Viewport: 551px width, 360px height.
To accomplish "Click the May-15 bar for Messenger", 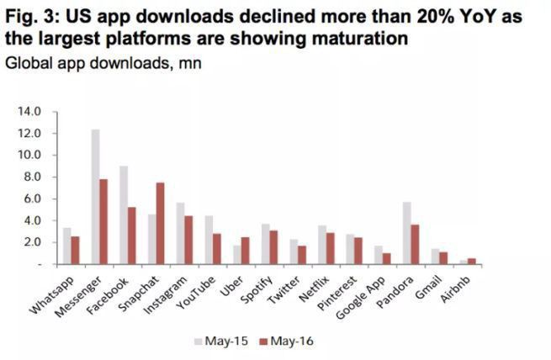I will coord(96,197).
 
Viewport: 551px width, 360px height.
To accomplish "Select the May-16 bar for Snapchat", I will coord(161,223).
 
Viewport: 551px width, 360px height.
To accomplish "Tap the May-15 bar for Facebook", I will coord(124,215).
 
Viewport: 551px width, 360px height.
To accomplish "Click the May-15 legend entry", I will coord(220,341).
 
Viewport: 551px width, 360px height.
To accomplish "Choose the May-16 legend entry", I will coord(285,341).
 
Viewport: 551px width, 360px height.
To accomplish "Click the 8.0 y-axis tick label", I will coord(33,177).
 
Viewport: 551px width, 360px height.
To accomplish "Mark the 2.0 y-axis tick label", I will coord(33,242).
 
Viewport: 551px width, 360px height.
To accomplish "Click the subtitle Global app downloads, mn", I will coord(101,63).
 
